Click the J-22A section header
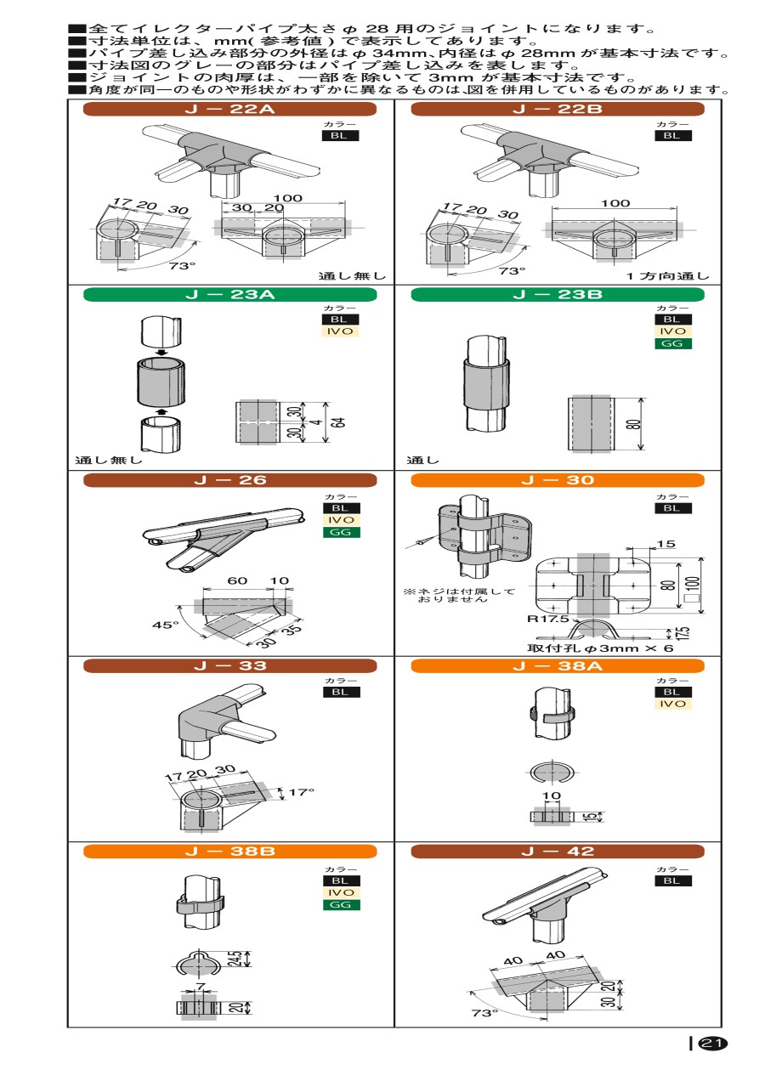pyautogui.click(x=229, y=109)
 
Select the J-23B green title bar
pyautogui.click(x=558, y=294)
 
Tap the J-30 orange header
pyautogui.click(x=558, y=480)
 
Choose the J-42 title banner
pyautogui.click(x=558, y=852)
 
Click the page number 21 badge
pyautogui.click(x=713, y=1043)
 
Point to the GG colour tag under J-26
pyautogui.click(x=341, y=532)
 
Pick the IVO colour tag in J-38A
pyautogui.click(x=673, y=704)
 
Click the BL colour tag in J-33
pyautogui.click(x=341, y=692)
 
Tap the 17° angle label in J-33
pyautogui.click(x=301, y=792)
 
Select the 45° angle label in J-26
pyautogui.click(x=165, y=625)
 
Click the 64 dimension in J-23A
pyautogui.click(x=339, y=422)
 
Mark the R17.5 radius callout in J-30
pyautogui.click(x=547, y=619)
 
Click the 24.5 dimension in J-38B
pyautogui.click(x=235, y=959)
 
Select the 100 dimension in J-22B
pyautogui.click(x=615, y=203)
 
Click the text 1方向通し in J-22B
pyautogui.click(x=668, y=276)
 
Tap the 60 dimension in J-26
pyautogui.click(x=237, y=580)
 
